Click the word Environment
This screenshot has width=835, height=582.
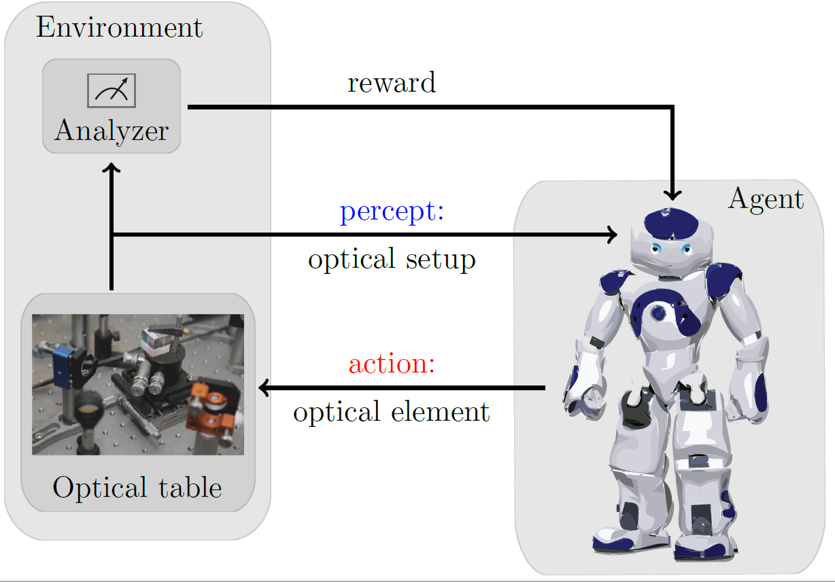[119, 28]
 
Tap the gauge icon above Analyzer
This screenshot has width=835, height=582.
[112, 90]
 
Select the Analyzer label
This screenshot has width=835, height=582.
[112, 130]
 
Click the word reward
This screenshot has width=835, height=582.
[391, 83]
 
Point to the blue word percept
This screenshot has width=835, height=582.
[392, 212]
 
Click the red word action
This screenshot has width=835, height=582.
[392, 364]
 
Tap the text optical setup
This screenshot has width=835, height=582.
[392, 260]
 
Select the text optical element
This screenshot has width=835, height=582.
[392, 412]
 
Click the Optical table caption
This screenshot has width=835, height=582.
[137, 487]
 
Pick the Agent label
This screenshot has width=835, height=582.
[766, 199]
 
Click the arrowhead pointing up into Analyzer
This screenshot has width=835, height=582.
[113, 167]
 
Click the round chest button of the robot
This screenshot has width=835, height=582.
[658, 313]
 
